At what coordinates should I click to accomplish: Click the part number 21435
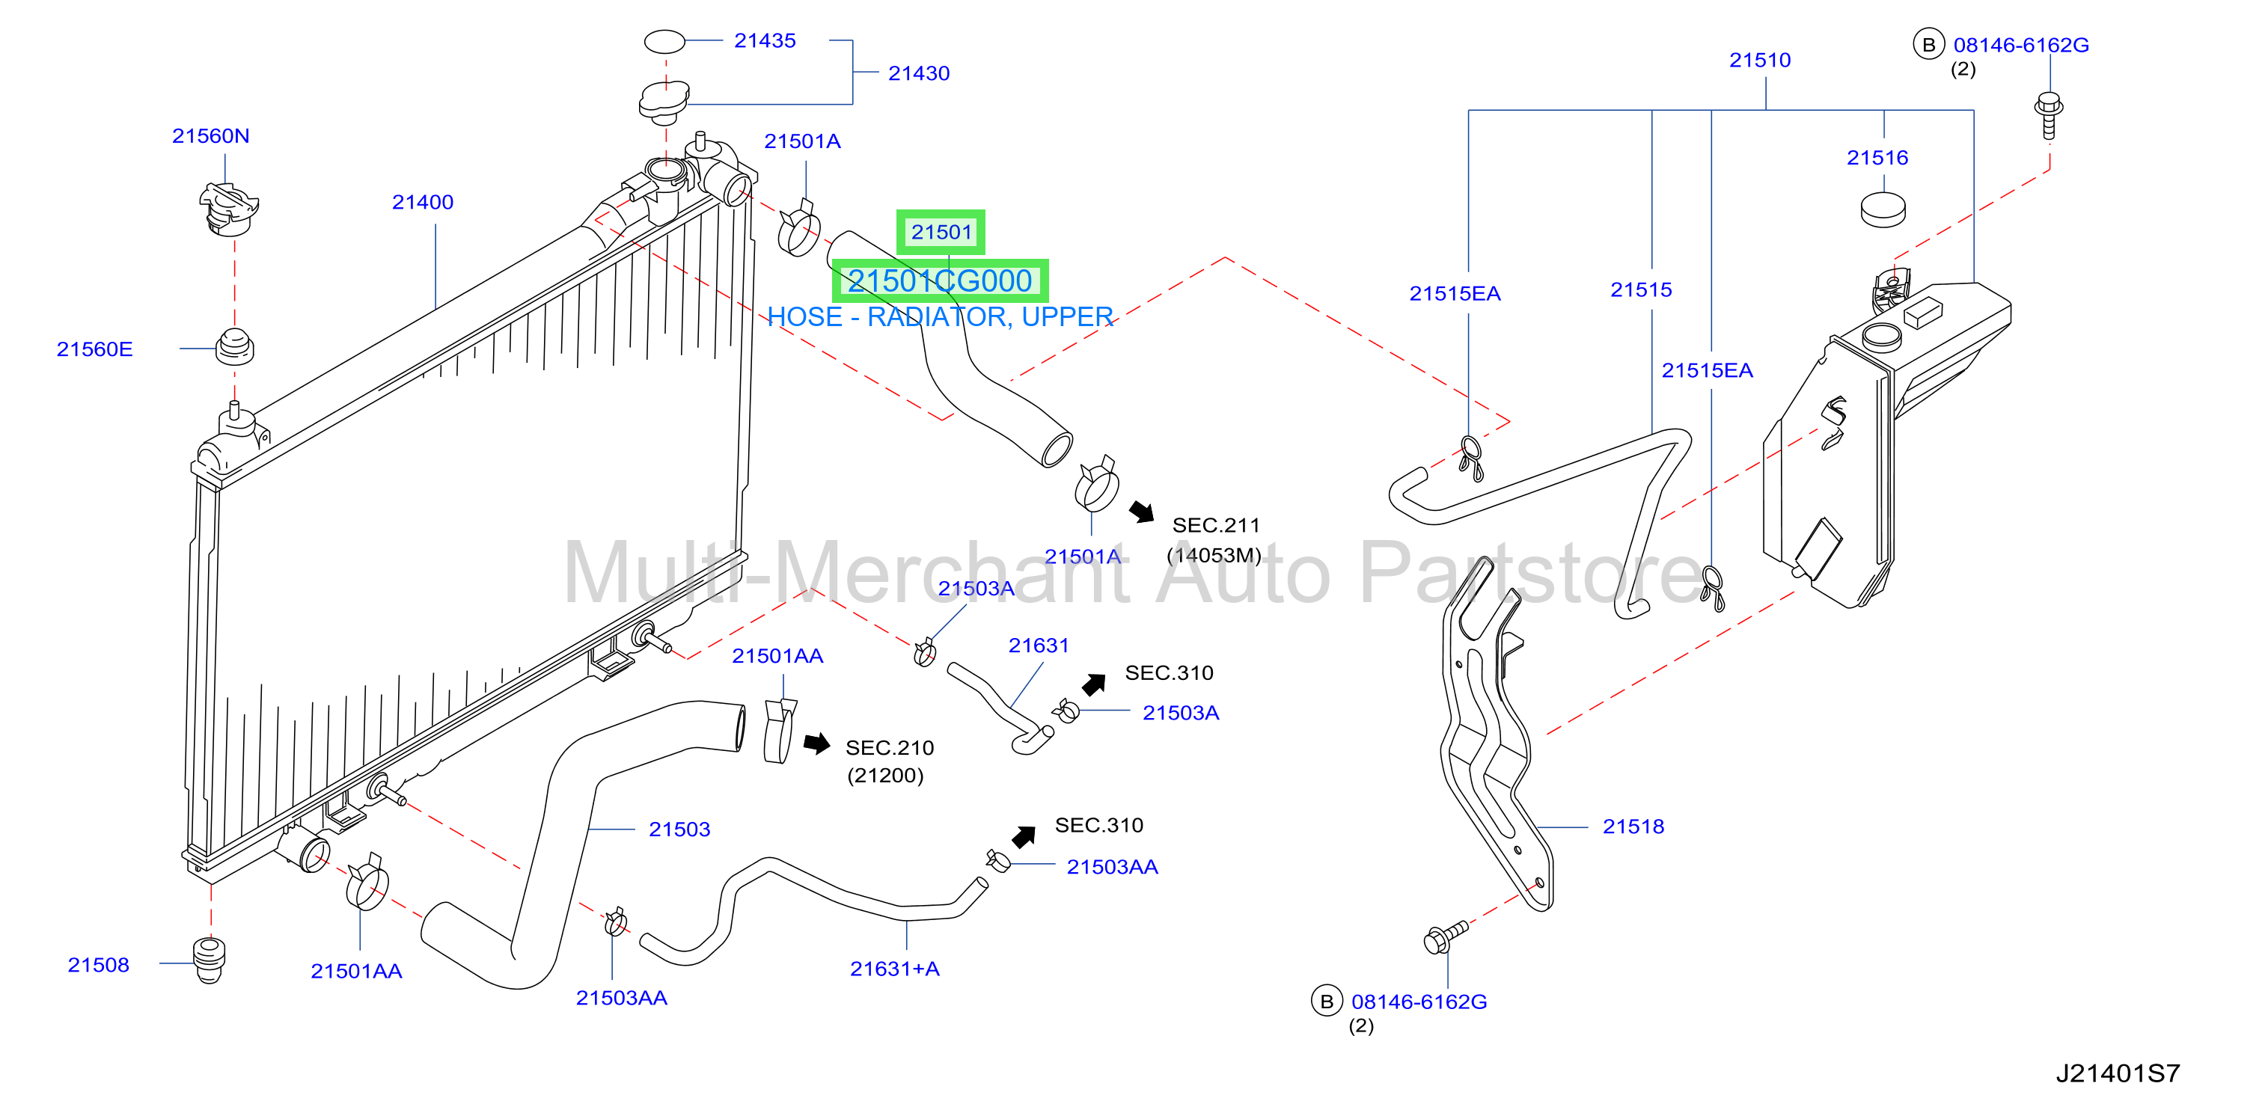(x=764, y=40)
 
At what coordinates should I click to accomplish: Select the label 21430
(x=918, y=73)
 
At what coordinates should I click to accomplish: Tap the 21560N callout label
(x=210, y=135)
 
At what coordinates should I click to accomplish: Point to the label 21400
(x=423, y=201)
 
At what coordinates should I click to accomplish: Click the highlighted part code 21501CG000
(x=939, y=280)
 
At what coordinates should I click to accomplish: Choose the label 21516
(x=1877, y=158)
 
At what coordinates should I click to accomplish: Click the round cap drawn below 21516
(x=1883, y=209)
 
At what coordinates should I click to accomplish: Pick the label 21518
(x=1633, y=826)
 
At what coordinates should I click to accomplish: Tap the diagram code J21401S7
(x=2118, y=1073)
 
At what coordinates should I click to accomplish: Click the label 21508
(x=99, y=965)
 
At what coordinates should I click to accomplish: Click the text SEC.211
(x=1216, y=524)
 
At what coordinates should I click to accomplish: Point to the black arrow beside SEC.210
(x=817, y=743)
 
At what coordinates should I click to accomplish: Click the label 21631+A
(x=894, y=969)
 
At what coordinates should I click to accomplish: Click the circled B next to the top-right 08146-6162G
(x=1928, y=44)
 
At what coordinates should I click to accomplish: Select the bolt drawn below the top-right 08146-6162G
(x=2049, y=115)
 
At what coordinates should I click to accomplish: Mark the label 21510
(x=1760, y=60)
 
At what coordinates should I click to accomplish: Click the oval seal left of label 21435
(x=664, y=41)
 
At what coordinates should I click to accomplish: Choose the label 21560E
(x=94, y=349)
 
